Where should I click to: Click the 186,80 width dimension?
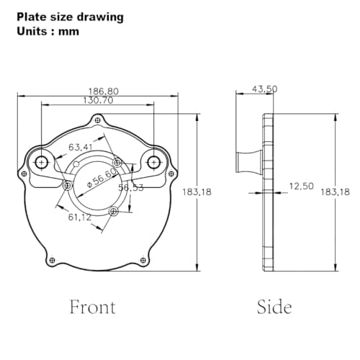(104, 91)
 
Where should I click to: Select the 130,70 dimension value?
(98, 100)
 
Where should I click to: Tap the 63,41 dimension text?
(81, 147)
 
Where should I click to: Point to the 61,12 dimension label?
(80, 217)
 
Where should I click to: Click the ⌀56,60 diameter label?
(102, 178)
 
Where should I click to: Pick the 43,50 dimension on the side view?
(265, 89)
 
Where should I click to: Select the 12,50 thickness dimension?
(302, 186)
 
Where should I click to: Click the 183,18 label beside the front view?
(197, 192)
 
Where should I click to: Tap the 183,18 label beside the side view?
(336, 192)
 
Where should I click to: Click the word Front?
(93, 307)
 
